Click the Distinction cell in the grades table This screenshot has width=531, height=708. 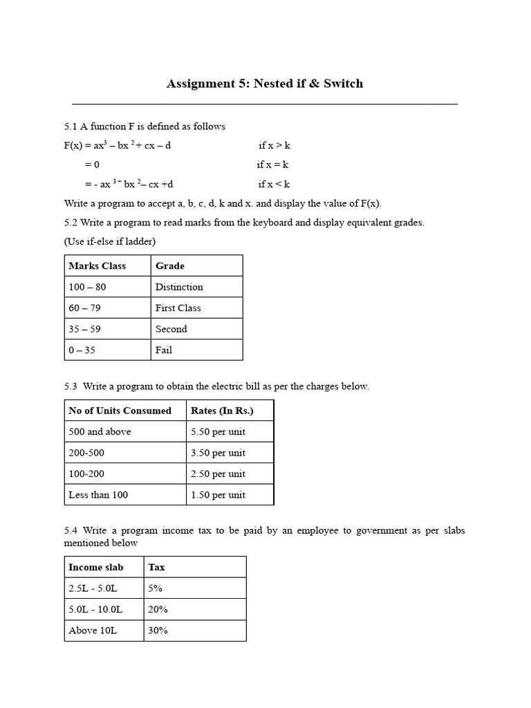click(179, 287)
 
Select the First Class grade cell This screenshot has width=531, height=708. click(178, 308)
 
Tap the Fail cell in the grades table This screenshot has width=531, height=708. click(164, 350)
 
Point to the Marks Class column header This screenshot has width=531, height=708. click(97, 265)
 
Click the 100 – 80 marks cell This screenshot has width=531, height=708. click(87, 287)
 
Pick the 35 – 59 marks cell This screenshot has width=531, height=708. click(84, 329)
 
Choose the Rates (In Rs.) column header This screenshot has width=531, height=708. click(222, 411)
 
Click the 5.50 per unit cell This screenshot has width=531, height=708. click(218, 431)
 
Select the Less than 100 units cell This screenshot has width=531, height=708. click(98, 495)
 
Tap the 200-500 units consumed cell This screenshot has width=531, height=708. click(88, 453)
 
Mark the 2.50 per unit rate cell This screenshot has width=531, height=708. click(218, 474)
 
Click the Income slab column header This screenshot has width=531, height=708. click(95, 567)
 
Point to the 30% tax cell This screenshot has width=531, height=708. click(158, 631)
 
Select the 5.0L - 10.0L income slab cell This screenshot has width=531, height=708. click(95, 609)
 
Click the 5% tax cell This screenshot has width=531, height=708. click(156, 588)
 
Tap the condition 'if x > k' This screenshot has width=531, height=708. click(274, 146)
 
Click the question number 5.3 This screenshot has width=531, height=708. click(71, 386)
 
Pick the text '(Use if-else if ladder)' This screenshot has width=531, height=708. click(110, 241)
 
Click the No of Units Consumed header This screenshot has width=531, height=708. click(120, 411)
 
